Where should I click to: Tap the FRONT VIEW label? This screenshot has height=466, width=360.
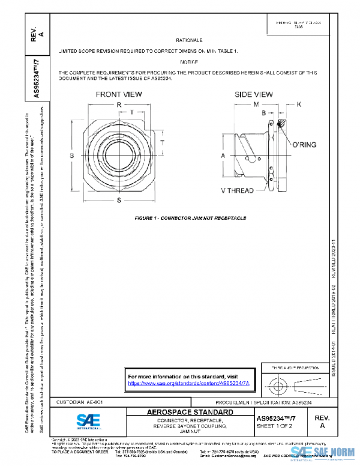click(x=119, y=94)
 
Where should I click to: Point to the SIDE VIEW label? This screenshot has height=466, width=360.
click(x=253, y=94)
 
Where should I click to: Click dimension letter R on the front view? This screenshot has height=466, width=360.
click(x=119, y=104)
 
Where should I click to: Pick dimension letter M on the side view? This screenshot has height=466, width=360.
click(x=255, y=104)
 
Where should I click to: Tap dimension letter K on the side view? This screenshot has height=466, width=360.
click(x=299, y=104)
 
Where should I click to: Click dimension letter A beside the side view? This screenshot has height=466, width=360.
click(x=223, y=155)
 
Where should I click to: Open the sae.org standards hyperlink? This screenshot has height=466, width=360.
click(x=189, y=383)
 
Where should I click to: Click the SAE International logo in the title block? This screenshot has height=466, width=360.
click(x=87, y=419)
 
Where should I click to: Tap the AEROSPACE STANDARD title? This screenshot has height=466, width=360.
click(x=190, y=413)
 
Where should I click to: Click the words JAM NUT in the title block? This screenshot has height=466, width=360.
click(x=190, y=431)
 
